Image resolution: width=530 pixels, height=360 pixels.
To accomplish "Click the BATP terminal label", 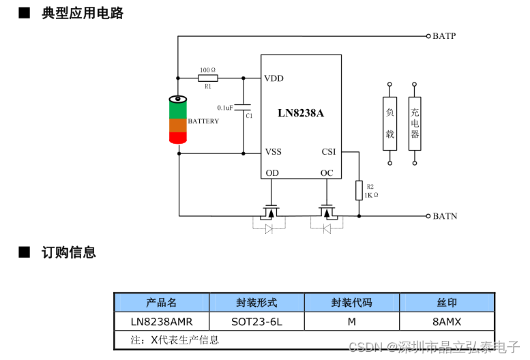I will coord(443,36).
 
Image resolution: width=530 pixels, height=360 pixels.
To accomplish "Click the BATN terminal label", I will coord(444,216).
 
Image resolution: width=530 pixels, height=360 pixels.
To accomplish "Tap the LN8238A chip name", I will coord(301,113).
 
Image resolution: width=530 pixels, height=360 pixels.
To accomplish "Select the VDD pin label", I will coord(274,78).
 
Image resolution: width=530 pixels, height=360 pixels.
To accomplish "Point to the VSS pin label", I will coord(273,152).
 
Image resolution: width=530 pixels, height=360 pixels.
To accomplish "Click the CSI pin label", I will coord(328,152).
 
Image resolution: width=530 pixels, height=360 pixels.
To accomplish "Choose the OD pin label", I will coord(272,172).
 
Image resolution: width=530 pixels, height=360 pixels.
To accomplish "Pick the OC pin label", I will coord(327,172).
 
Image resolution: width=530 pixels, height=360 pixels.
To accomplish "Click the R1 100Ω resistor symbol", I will coord(208,78).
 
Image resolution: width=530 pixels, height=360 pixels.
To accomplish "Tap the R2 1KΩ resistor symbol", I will coord(359,191).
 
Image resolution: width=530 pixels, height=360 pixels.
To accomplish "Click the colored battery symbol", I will coord(178,121).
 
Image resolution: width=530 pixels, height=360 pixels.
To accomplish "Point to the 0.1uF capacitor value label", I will coord(225,108).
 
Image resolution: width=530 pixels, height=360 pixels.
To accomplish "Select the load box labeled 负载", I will coord(389,123).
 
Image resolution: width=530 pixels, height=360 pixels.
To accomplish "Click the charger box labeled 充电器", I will coord(415,123).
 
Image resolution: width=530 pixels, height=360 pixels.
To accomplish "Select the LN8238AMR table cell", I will coord(162,321).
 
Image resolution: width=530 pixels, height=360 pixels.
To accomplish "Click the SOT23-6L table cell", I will coord(256,321).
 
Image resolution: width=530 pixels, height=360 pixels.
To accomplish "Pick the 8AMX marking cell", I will coord(447,321).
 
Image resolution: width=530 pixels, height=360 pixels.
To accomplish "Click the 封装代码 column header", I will coord(352,303).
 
